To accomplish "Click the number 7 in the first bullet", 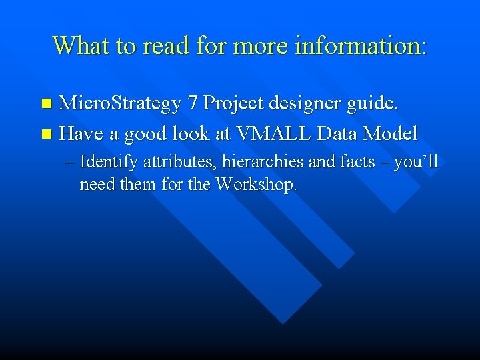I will pyautogui.click(x=193, y=103).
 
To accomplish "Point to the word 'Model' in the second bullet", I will pyautogui.click(x=390, y=134).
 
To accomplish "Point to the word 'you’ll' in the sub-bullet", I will pyautogui.click(x=416, y=163).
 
